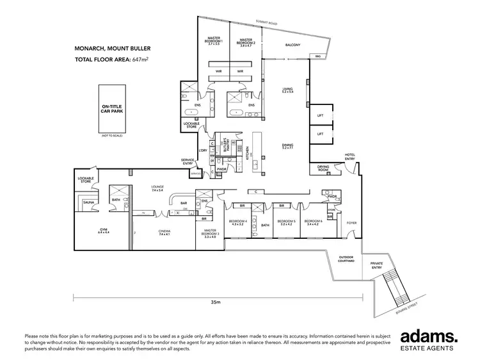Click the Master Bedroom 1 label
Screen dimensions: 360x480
tap(212, 42)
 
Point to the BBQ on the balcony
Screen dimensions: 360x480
tap(317, 57)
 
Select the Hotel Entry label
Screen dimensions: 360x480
tap(350, 157)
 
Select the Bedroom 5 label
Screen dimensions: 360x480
tap(285, 223)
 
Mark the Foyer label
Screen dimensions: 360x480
tap(351, 222)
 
